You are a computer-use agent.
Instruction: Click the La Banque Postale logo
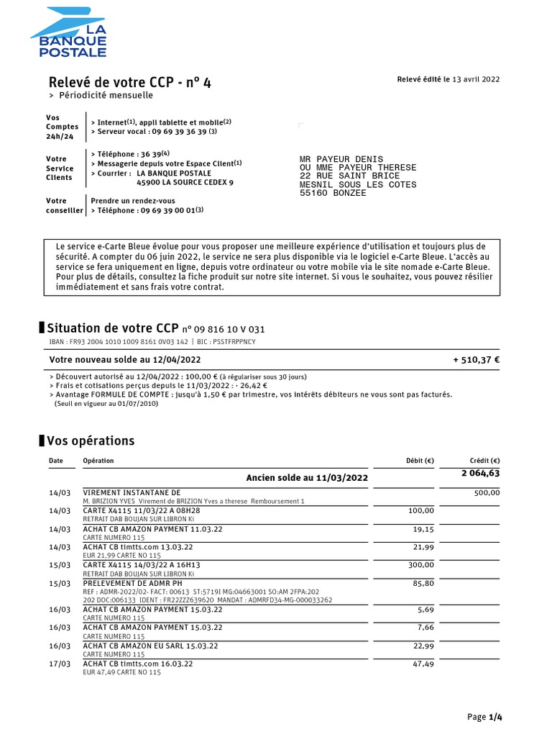tap(69, 32)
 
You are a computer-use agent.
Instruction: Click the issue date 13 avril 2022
tap(476, 80)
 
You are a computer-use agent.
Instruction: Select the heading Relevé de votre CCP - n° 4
tap(129, 82)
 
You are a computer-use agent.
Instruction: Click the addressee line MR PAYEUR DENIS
tap(341, 159)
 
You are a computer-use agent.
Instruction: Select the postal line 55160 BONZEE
tap(332, 193)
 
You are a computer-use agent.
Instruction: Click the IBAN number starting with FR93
tap(128, 343)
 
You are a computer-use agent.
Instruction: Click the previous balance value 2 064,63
tap(480, 473)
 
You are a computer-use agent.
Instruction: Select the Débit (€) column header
tap(420, 461)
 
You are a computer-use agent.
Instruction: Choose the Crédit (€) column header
tap(485, 461)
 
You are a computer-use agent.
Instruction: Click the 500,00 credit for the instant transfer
tap(487, 493)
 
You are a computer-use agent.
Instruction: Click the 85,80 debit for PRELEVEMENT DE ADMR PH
tap(423, 584)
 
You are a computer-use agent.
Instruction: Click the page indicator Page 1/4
tap(484, 717)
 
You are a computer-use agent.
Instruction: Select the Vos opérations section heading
tap(91, 440)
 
